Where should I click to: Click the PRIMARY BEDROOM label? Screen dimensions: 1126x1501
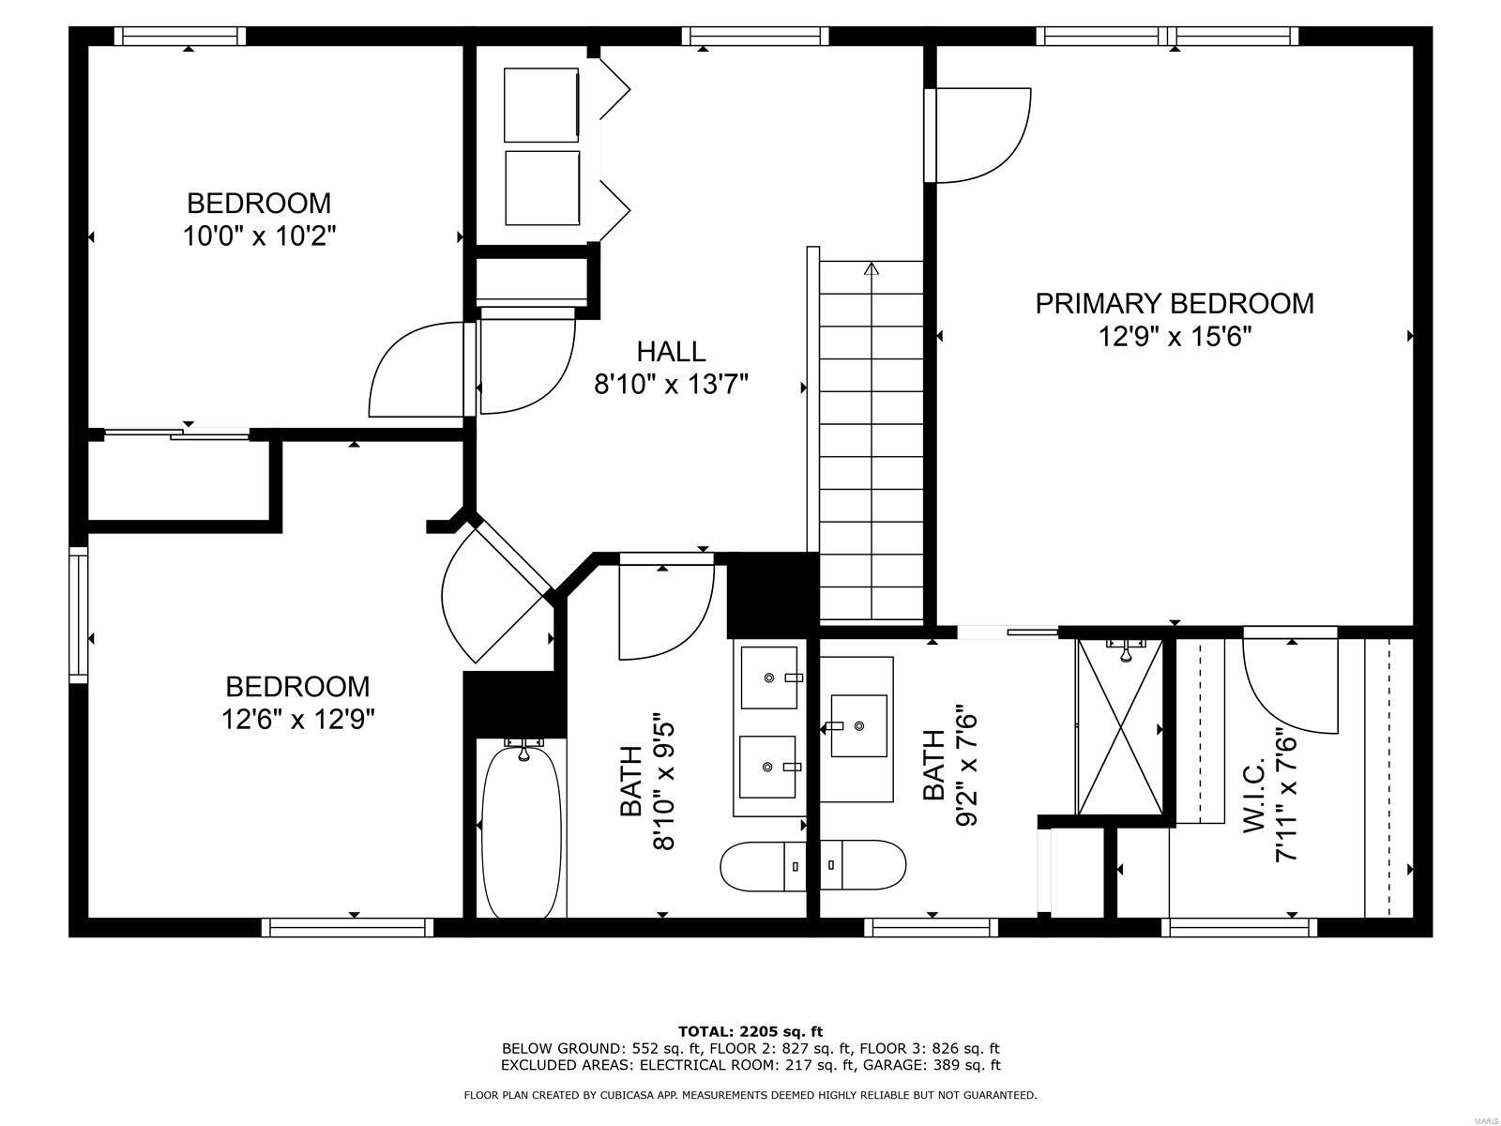point(1174,303)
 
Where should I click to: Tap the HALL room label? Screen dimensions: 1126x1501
point(671,352)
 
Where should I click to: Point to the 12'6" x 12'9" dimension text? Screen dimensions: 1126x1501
point(298,720)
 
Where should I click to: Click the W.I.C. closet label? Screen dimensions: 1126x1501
point(1255,796)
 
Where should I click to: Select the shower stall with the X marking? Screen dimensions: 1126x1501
point(1120,728)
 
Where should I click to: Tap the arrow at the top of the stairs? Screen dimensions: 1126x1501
point(872,269)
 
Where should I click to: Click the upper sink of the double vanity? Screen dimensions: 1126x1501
point(769,677)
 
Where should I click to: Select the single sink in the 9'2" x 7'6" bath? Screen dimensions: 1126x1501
point(858,725)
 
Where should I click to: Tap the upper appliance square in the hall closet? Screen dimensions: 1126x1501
point(541,104)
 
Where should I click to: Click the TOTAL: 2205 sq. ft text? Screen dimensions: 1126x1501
point(750,1031)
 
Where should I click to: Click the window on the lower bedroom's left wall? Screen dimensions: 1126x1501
point(78,615)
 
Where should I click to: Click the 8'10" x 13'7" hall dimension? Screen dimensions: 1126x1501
point(671,384)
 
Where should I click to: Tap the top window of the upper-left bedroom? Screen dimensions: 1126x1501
point(180,37)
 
